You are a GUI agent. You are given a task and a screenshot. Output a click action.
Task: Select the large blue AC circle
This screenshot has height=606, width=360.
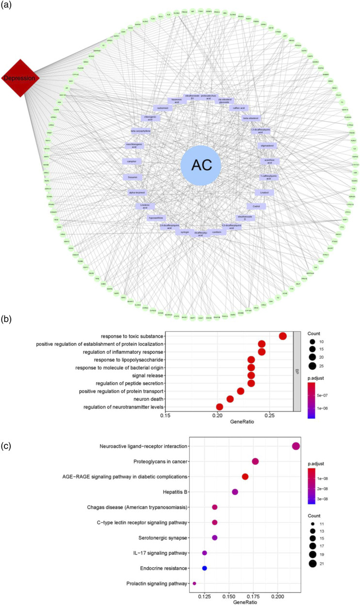point(200,165)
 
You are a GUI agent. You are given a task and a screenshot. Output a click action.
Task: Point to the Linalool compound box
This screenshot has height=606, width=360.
point(264,193)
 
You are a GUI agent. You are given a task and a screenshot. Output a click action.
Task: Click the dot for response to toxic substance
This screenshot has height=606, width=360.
point(283,336)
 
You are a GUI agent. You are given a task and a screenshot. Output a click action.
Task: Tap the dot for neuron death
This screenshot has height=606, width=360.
point(230,399)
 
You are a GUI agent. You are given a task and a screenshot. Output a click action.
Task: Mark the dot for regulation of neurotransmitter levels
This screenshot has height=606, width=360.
point(220,407)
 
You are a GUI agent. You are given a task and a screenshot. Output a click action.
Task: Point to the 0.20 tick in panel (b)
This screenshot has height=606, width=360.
point(217,415)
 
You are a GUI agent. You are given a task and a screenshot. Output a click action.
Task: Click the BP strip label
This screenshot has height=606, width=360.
point(296,371)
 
